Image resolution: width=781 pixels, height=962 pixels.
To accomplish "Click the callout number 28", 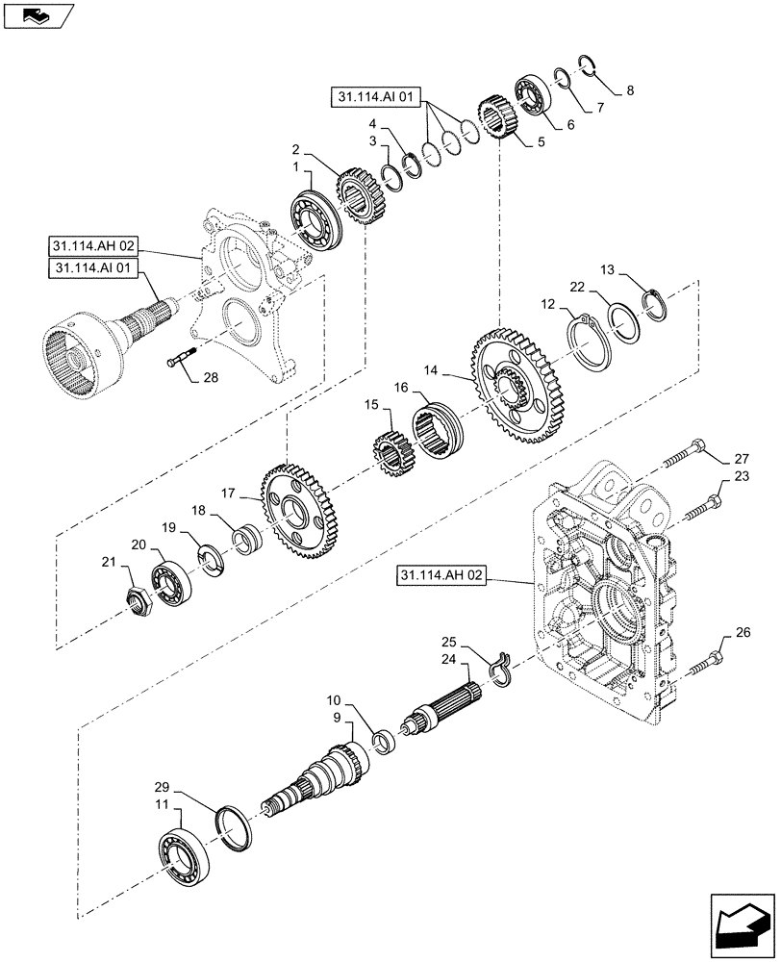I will pyautogui.click(x=210, y=379).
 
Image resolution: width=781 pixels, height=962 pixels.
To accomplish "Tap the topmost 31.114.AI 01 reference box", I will pyautogui.click(x=376, y=97).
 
